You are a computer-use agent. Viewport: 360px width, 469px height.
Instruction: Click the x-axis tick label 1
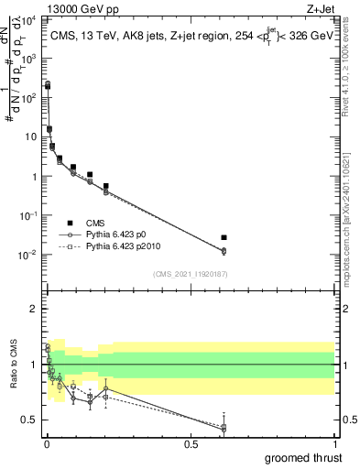(333, 444)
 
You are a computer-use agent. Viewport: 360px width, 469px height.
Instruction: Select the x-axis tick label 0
(47, 444)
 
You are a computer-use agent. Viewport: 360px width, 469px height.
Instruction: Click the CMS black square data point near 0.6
(224, 238)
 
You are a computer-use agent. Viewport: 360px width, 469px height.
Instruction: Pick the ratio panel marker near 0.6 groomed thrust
(224, 428)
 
